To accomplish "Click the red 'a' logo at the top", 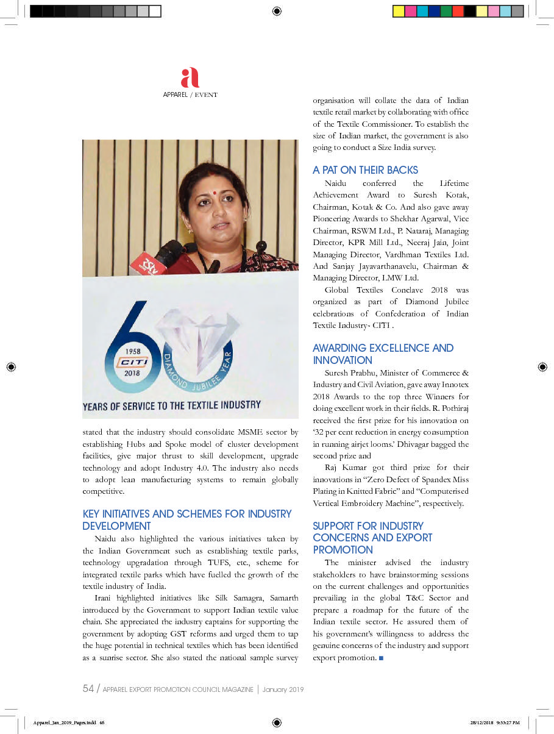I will (190, 78).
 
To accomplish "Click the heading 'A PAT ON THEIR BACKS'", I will (365, 170).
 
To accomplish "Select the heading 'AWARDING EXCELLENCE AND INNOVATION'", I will (383, 354).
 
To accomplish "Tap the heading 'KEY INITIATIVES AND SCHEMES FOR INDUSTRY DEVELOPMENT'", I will (187, 520).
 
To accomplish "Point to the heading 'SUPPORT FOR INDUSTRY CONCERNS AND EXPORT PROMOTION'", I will (372, 538).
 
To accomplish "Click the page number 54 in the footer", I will (88, 689).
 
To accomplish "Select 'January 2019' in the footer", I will (283, 689).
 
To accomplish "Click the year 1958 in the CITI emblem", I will (132, 351).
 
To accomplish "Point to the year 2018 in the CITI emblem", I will (132, 373).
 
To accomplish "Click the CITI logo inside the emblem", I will (132, 362).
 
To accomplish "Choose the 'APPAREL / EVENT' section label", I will (190, 95).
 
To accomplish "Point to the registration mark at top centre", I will (277, 11).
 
